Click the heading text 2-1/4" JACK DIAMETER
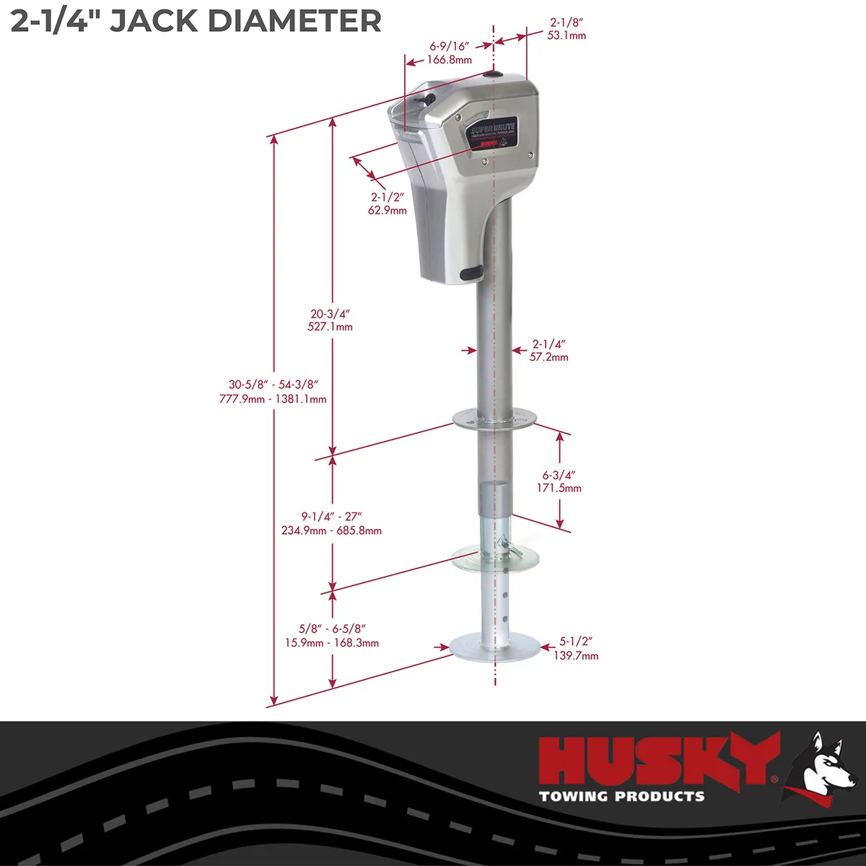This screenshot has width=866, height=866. click(196, 21)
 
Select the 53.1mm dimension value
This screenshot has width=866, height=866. click(566, 35)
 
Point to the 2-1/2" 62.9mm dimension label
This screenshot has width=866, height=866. click(388, 204)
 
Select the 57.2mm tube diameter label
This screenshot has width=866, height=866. click(549, 357)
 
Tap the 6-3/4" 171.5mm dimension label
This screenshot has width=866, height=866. click(561, 481)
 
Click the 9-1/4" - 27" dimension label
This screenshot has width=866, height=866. click(331, 523)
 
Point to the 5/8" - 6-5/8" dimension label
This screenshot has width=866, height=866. click(331, 636)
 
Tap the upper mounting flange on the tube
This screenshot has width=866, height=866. click(494, 418)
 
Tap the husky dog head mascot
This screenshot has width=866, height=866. click(820, 768)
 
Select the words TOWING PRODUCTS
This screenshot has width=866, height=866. click(621, 797)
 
